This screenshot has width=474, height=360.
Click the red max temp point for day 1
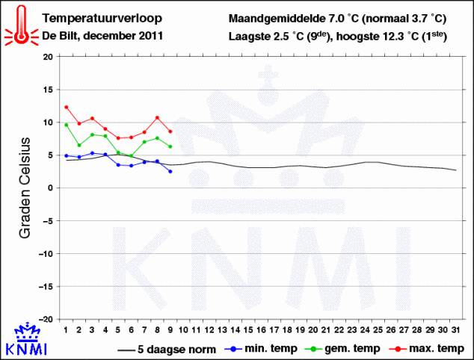(67, 107)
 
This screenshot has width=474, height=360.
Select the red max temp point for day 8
(157, 117)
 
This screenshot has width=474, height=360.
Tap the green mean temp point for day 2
(79, 145)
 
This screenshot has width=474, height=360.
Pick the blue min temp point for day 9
(170, 172)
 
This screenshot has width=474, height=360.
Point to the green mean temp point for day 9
(170, 146)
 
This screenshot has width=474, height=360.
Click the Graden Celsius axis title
(24, 187)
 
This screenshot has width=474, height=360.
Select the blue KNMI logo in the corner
(26, 341)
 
